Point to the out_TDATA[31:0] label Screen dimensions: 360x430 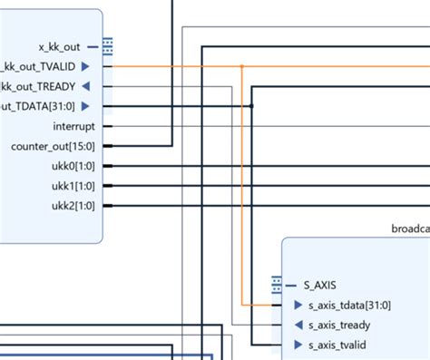tap(38, 106)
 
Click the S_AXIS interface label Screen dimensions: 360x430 tap(319, 285)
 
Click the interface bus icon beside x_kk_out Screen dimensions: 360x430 tap(107, 45)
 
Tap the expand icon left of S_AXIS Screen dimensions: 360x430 tap(277, 285)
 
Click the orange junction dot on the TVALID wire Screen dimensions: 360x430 tap(241, 66)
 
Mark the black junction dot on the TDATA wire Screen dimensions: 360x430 tap(251, 106)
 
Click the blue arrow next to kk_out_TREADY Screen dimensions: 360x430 tap(85, 86)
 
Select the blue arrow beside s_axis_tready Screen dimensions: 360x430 tap(298, 326)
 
